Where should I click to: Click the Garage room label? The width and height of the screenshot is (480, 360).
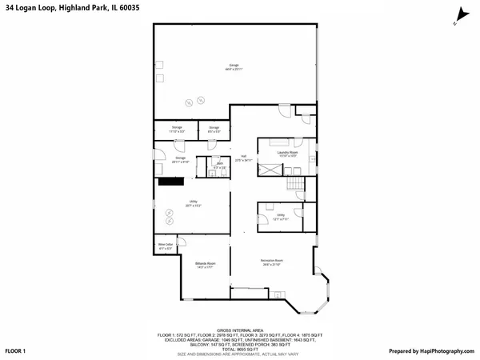(x=234, y=65)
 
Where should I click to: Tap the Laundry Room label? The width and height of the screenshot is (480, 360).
(x=288, y=151)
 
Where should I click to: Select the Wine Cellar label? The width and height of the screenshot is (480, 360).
(x=165, y=246)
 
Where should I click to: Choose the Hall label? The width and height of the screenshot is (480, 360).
(x=243, y=155)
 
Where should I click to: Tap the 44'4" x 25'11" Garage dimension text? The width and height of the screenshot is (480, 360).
(x=234, y=70)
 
